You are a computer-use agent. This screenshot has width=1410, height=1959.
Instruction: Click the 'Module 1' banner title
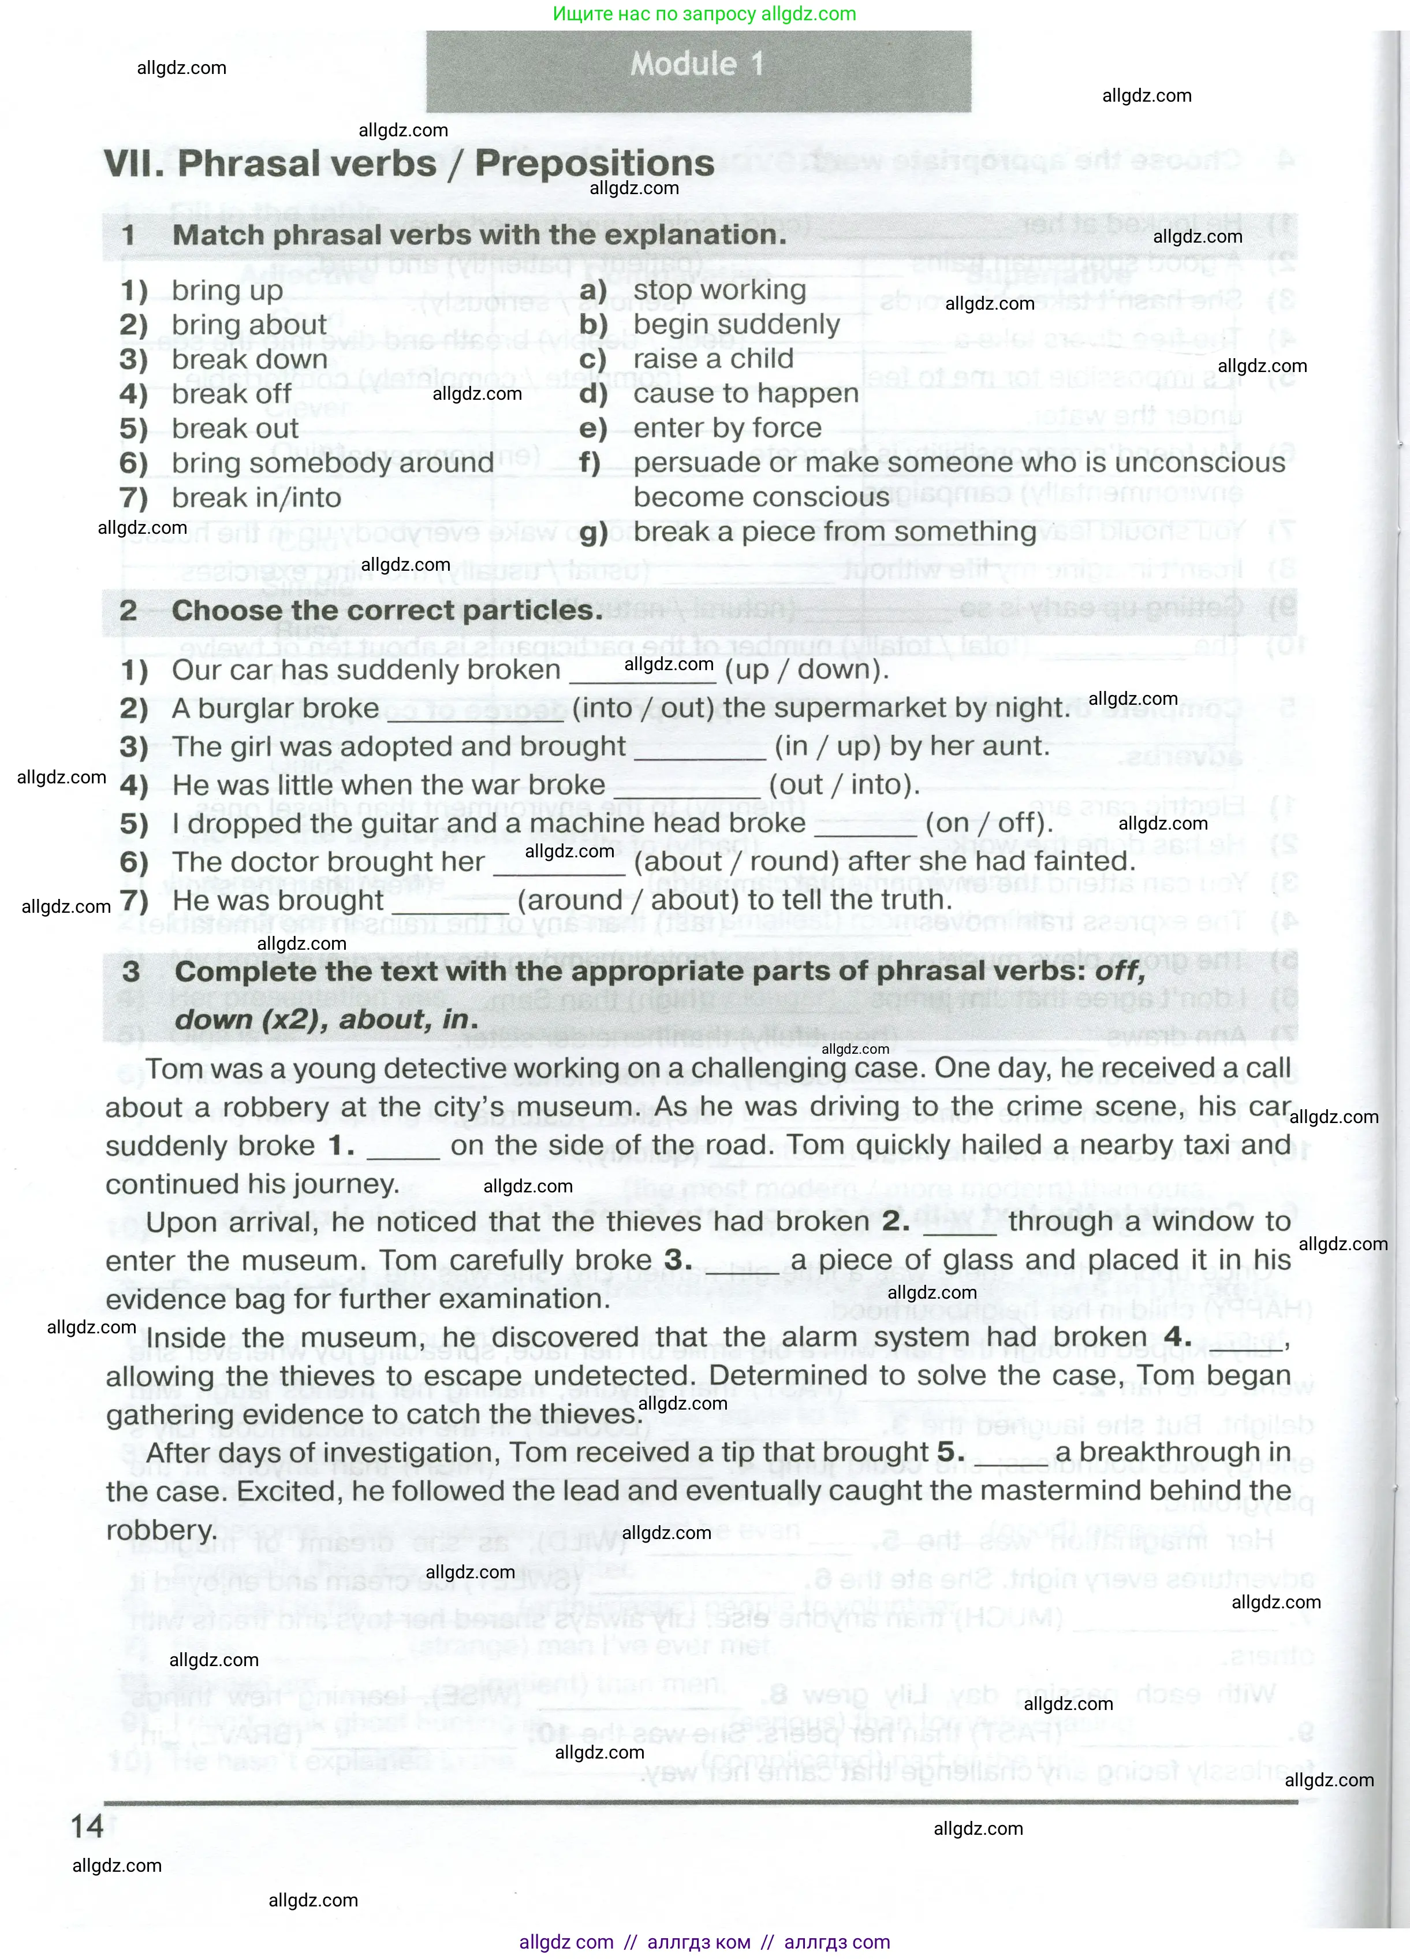pyautogui.click(x=697, y=64)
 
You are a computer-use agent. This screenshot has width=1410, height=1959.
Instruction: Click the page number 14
pyautogui.click(x=87, y=1826)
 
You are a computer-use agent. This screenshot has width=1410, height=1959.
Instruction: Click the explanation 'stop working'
pyautogui.click(x=719, y=290)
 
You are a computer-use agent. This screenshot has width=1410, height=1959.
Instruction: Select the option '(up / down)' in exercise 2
pyautogui.click(x=807, y=670)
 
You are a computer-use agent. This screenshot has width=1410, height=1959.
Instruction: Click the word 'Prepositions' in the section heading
pyautogui.click(x=595, y=163)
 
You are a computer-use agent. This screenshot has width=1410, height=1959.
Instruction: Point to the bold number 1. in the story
pyautogui.click(x=341, y=1146)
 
